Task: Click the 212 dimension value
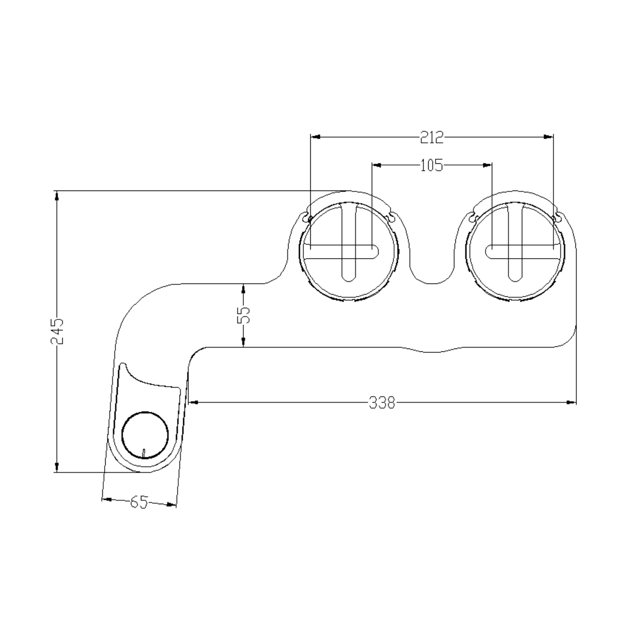click(432, 138)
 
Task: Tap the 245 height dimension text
click(57, 331)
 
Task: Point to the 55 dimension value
click(244, 315)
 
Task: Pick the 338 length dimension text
click(382, 403)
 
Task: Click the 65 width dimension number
click(139, 502)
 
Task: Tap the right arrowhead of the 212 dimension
click(548, 137)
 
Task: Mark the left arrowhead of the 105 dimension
click(377, 165)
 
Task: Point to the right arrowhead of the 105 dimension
click(487, 165)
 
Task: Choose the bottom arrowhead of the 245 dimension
click(57, 467)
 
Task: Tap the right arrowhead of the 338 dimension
click(572, 402)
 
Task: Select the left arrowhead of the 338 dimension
click(193, 402)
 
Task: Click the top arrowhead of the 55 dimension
click(244, 288)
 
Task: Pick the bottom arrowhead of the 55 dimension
click(244, 342)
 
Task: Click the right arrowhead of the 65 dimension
click(171, 505)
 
